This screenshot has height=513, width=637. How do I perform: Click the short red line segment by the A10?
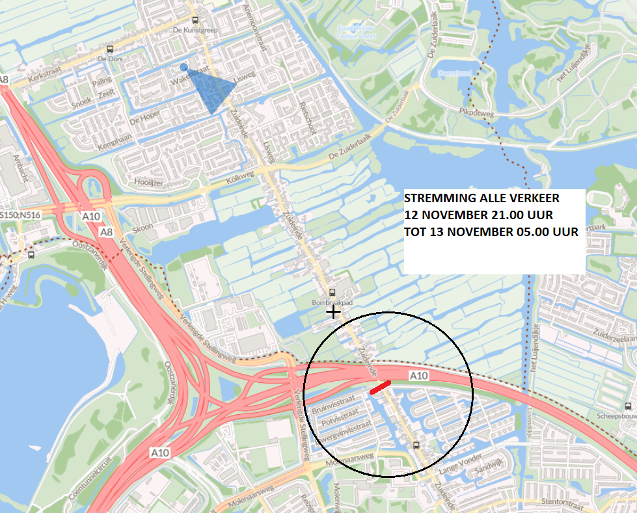[380, 388]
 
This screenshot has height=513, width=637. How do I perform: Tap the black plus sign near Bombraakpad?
[334, 312]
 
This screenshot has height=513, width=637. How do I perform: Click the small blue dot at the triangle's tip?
[183, 67]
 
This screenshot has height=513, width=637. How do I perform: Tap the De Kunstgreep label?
[195, 31]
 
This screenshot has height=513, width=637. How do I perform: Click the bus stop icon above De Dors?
[110, 49]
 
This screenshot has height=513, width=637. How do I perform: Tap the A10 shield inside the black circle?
[419, 376]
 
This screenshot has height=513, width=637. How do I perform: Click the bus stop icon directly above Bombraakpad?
[332, 293]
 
